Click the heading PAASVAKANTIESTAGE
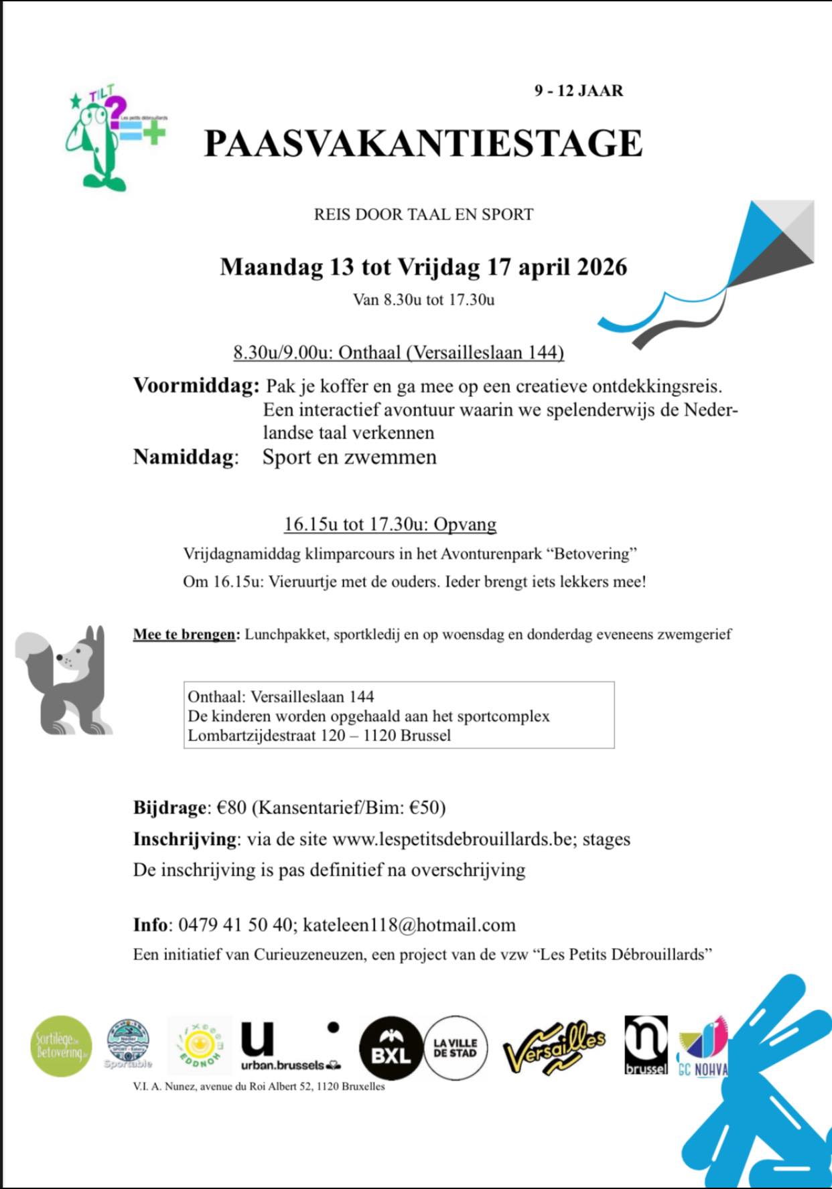click(x=423, y=144)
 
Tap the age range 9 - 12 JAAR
click(x=578, y=91)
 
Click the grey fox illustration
click(x=65, y=680)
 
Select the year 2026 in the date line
click(x=602, y=267)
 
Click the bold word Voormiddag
click(x=196, y=386)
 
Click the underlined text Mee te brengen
click(x=185, y=634)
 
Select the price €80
click(x=232, y=807)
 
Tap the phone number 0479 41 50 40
click(x=235, y=925)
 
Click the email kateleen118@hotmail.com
click(x=409, y=925)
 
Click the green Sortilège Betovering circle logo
click(x=62, y=1046)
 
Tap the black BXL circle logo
click(x=391, y=1049)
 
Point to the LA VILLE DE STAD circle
click(x=456, y=1048)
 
